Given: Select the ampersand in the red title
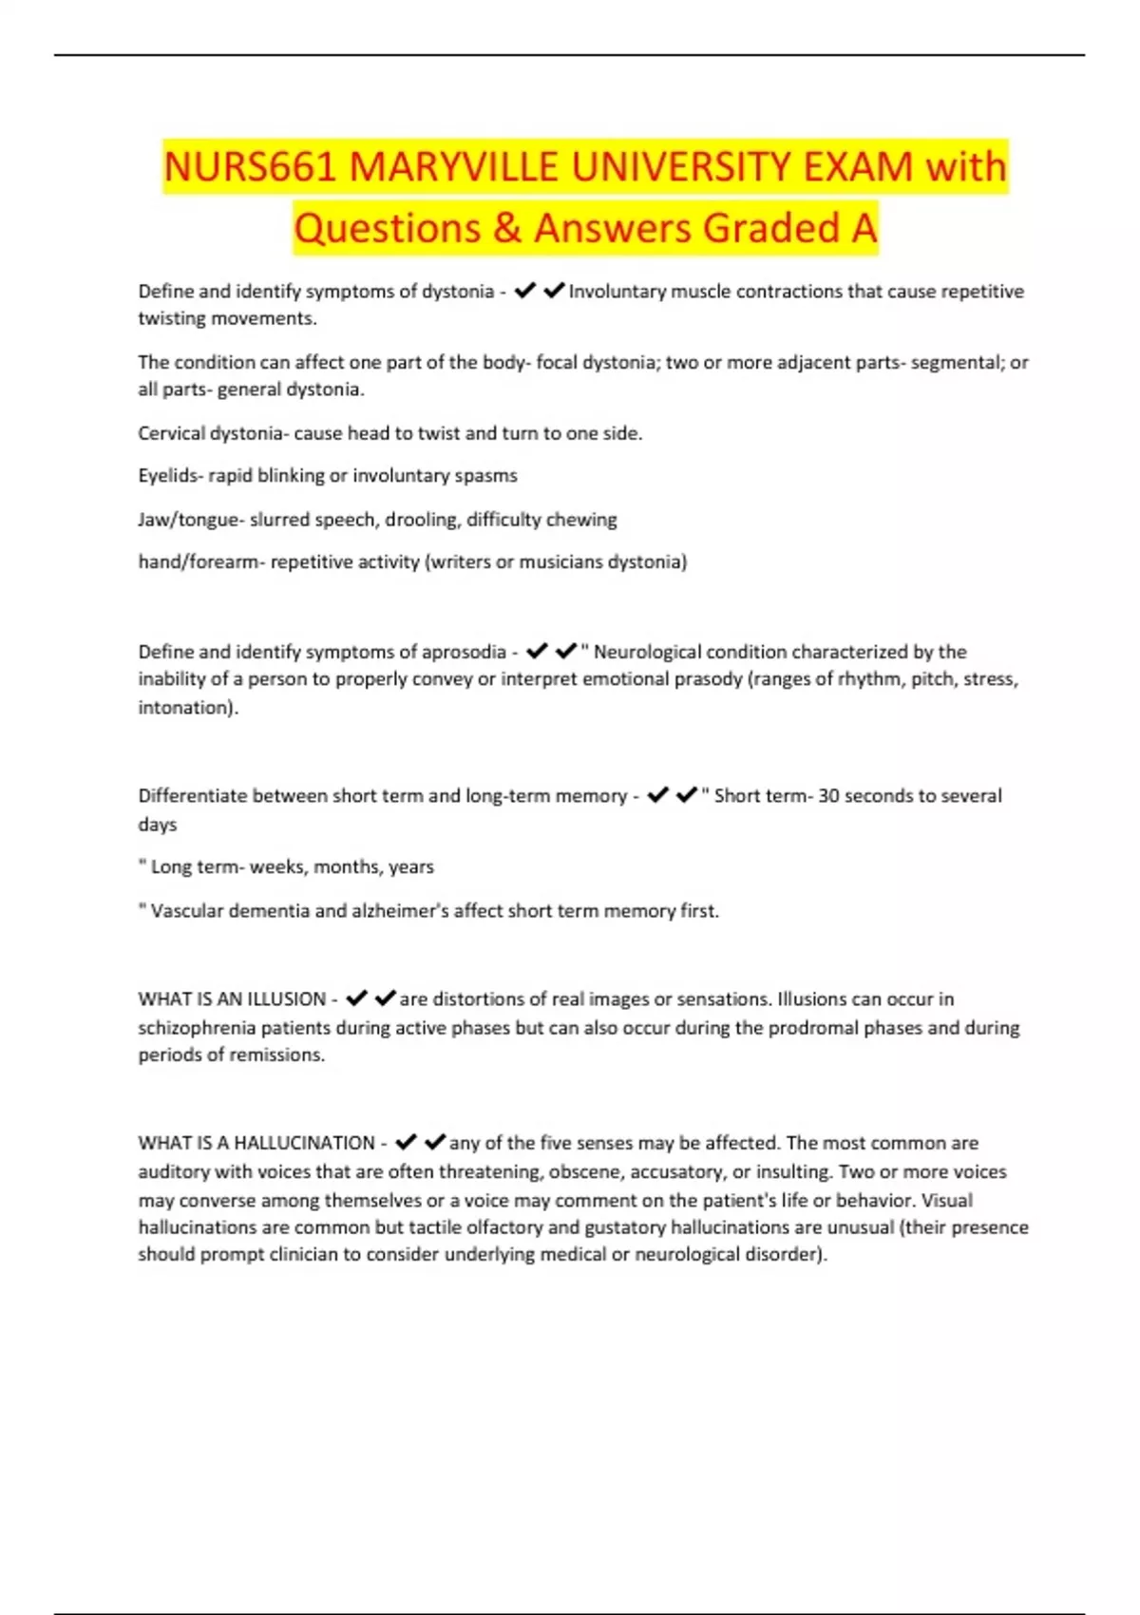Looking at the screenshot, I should tap(507, 229).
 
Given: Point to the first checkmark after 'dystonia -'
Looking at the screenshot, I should tap(524, 291).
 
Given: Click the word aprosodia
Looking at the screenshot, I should tap(463, 652).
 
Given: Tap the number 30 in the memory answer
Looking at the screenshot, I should tap(829, 796).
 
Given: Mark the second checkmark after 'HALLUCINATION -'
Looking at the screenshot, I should tap(435, 1142).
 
